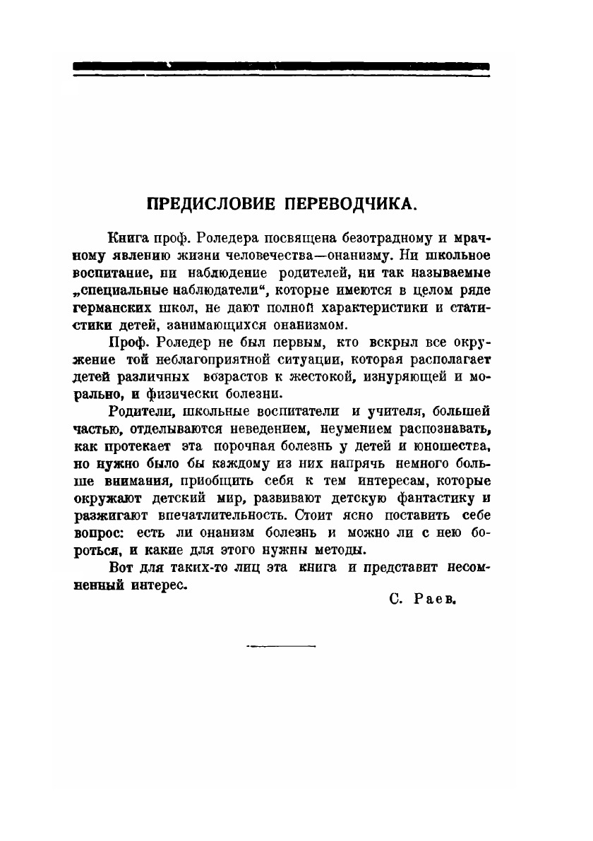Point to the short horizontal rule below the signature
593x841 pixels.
coord(281,645)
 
